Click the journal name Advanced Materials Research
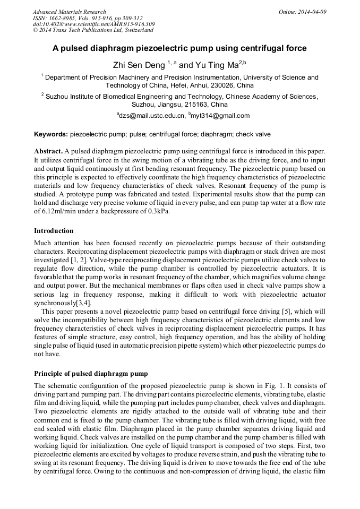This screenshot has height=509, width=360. coord(69,12)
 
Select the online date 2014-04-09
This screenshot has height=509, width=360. coord(312,12)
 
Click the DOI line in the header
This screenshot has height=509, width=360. coord(93,24)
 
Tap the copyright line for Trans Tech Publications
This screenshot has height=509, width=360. coord(93,30)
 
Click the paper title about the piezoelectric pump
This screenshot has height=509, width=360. coord(179,48)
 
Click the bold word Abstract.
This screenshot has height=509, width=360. coord(48,151)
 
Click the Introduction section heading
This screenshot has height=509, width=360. coord(54,231)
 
